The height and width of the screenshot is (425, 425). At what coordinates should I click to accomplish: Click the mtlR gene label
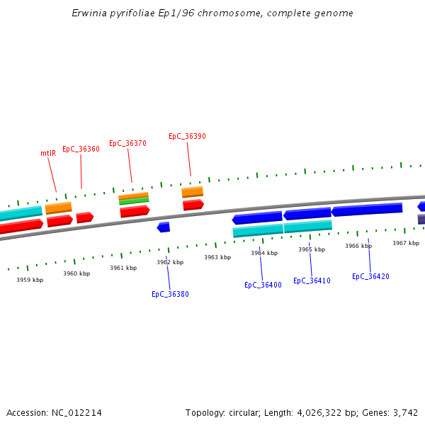tap(48, 153)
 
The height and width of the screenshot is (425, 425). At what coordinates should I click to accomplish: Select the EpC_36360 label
tap(81, 149)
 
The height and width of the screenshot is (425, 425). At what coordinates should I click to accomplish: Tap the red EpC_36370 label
tap(127, 143)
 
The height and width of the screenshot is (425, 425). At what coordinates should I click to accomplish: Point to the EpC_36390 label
tap(187, 136)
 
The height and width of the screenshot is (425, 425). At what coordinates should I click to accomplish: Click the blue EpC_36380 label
tap(170, 294)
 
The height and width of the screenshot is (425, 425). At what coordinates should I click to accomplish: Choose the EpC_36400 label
tap(263, 285)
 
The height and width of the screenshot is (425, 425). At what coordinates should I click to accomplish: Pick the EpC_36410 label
tap(312, 280)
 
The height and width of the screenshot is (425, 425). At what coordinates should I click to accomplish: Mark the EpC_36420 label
tap(370, 276)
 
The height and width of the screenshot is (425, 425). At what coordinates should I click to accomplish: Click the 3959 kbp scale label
tap(30, 280)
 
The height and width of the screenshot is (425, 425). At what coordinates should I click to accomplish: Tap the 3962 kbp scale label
tap(170, 262)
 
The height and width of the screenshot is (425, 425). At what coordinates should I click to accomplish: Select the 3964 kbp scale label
tap(264, 253)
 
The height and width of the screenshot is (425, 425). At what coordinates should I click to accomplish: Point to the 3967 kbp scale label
tap(406, 243)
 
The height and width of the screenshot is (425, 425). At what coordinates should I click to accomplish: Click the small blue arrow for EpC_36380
tap(164, 227)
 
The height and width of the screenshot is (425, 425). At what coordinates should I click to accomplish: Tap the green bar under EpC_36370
tap(134, 201)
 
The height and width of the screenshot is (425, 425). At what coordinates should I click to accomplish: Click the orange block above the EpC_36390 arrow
tap(192, 192)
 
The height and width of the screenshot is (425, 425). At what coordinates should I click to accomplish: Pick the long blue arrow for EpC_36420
tap(367, 210)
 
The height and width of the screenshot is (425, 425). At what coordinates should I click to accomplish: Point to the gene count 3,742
tap(406, 412)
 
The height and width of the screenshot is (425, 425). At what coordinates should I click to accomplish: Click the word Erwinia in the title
tap(87, 13)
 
